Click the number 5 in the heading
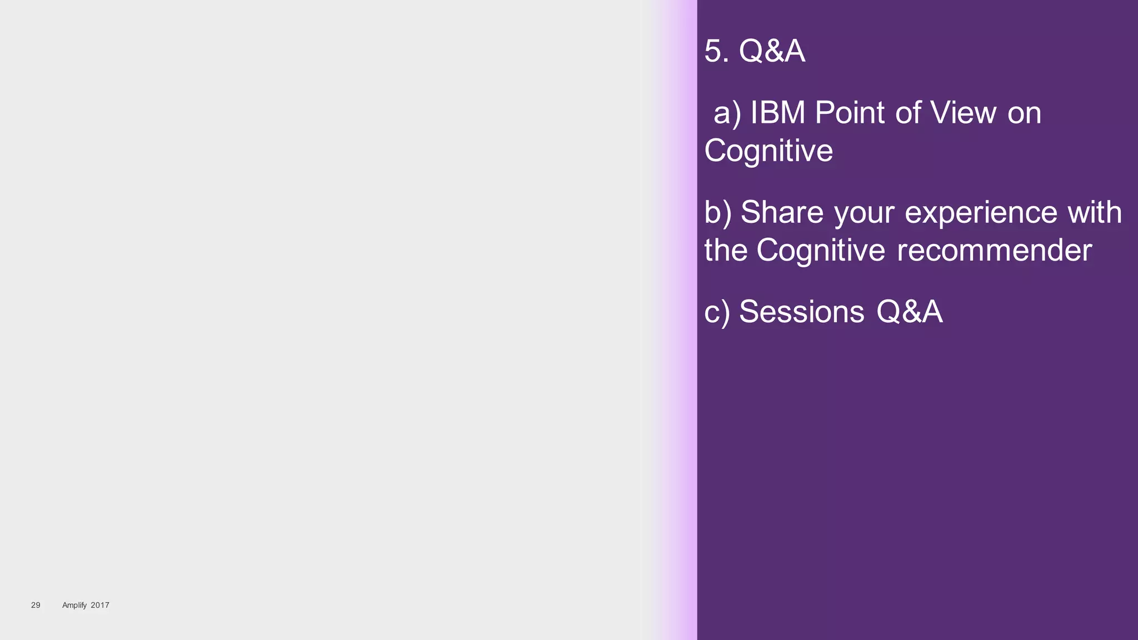pyautogui.click(x=713, y=51)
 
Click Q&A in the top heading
pyautogui.click(x=771, y=51)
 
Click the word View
pyautogui.click(x=963, y=113)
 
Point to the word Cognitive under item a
pyautogui.click(x=768, y=151)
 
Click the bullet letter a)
pyautogui.click(x=727, y=113)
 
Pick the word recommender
pyautogui.click(x=994, y=251)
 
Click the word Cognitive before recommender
pyautogui.click(x=821, y=251)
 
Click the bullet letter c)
pyautogui.click(x=717, y=312)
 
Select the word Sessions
pyautogui.click(x=801, y=312)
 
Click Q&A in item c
pyautogui.click(x=909, y=312)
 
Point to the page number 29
pyautogui.click(x=36, y=605)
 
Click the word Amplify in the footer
pyautogui.click(x=74, y=605)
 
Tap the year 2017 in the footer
pyautogui.click(x=100, y=605)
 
